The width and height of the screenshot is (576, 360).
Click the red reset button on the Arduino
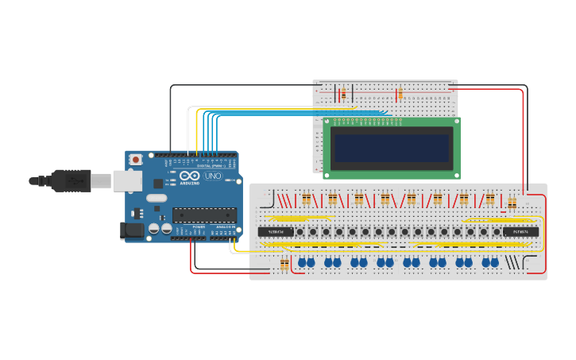pos(136,160)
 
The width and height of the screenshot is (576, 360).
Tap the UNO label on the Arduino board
pos(213,176)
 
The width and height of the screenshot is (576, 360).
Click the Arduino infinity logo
pos(190,176)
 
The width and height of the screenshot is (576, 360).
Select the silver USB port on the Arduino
pos(126,181)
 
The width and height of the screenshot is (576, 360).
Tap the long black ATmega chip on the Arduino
pos(205,215)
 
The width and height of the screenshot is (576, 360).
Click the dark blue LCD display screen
pos(391,148)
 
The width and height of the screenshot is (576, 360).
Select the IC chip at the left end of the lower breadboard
pos(276,232)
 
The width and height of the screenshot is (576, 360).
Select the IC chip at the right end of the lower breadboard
pos(520,232)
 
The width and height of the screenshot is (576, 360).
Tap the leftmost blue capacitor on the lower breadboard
pos(302,262)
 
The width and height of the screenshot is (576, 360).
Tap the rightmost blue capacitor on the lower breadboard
pos(494,262)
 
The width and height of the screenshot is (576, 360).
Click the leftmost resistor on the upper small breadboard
pos(343,95)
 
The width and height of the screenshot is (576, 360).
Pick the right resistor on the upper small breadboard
pos(400,95)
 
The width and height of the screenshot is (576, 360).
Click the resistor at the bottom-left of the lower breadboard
pos(285,265)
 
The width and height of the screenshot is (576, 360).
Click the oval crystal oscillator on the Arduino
pos(157,198)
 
